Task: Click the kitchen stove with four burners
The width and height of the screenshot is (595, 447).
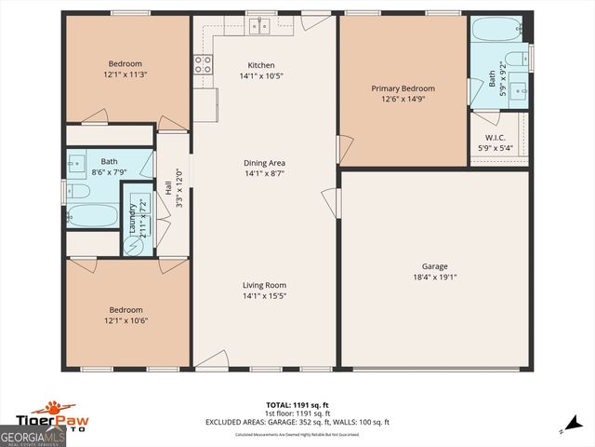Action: pyautogui.click(x=202, y=64)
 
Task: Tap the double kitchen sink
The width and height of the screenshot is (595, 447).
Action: pyautogui.click(x=264, y=24)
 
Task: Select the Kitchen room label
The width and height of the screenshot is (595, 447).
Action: pyautogui.click(x=260, y=64)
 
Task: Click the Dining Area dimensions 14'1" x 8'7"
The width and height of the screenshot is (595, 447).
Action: pyautogui.click(x=264, y=173)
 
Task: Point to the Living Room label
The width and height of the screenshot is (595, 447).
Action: pyautogui.click(x=264, y=285)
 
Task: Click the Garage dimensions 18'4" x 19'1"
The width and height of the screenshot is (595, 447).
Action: pyautogui.click(x=435, y=277)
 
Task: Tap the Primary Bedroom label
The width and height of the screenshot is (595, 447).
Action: pyautogui.click(x=403, y=88)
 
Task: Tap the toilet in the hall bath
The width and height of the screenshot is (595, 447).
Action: pyautogui.click(x=78, y=191)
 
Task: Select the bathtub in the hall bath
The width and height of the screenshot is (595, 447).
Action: pyautogui.click(x=91, y=216)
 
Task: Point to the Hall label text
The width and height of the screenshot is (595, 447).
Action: pyautogui.click(x=168, y=188)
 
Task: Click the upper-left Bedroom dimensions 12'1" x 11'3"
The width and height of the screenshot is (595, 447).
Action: pyautogui.click(x=126, y=74)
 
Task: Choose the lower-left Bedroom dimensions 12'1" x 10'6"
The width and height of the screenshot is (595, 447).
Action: pyautogui.click(x=126, y=320)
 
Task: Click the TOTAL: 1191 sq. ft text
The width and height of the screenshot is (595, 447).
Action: pyautogui.click(x=297, y=404)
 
